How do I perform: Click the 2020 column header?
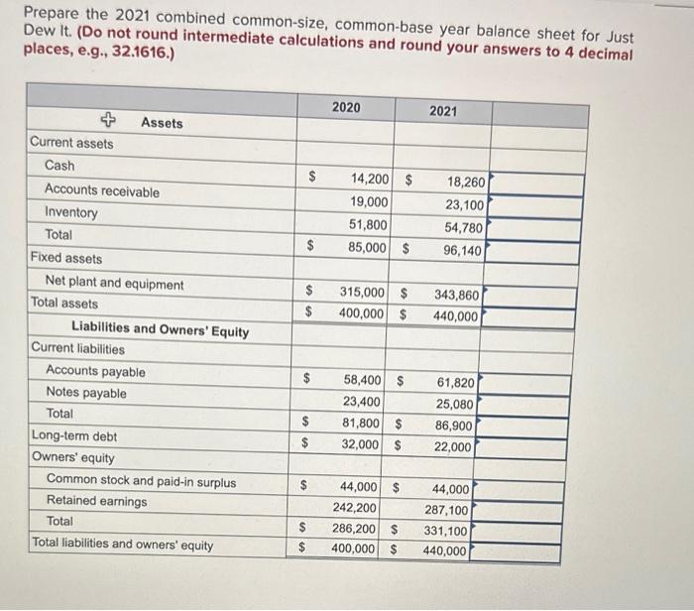(x=346, y=107)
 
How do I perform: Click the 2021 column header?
(x=443, y=111)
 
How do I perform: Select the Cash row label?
(x=59, y=165)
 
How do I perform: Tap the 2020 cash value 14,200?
(x=370, y=179)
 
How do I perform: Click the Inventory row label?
(x=71, y=212)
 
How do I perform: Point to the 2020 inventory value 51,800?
(x=368, y=224)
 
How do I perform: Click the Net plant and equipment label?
(x=114, y=284)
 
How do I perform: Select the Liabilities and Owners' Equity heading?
(x=160, y=330)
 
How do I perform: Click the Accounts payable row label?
(x=95, y=372)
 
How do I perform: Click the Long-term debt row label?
(x=73, y=435)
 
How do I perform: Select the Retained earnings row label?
(x=96, y=501)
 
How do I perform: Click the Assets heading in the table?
(x=162, y=122)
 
